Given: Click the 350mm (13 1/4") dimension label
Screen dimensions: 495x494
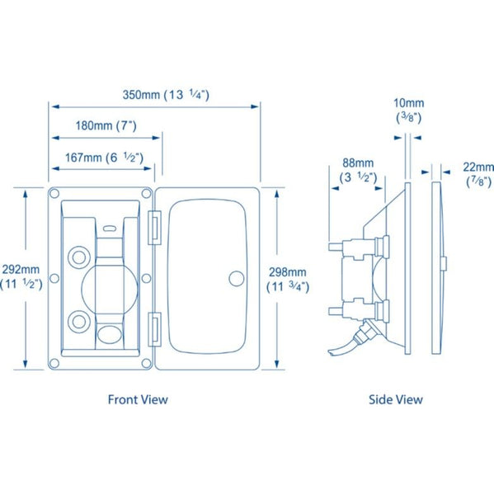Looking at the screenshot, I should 166,95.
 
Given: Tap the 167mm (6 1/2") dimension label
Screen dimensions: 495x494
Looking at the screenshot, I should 93,157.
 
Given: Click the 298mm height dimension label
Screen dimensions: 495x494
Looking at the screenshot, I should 288,279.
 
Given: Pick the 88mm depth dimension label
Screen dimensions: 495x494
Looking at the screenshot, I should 358,169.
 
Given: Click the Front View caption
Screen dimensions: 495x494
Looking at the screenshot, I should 138,399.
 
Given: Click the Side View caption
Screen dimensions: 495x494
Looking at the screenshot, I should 395,399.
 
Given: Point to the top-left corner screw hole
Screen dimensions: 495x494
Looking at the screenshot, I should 54,194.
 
